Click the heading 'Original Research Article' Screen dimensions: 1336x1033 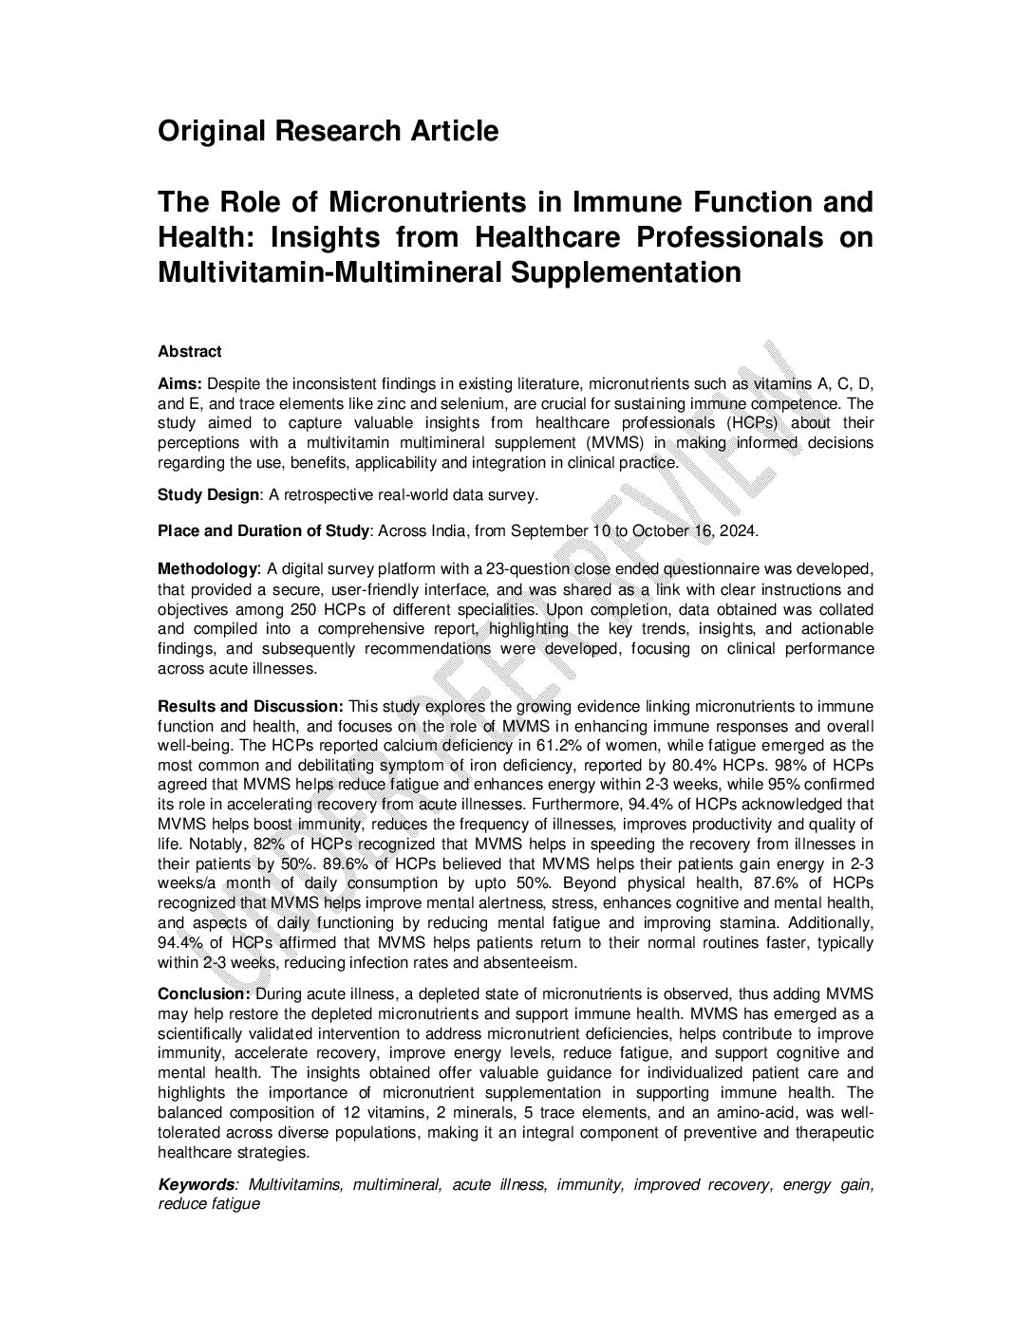pos(328,131)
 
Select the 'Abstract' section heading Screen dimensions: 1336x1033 pos(190,352)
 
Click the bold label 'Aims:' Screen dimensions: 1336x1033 pos(179,383)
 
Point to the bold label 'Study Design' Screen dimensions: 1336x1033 pos(208,494)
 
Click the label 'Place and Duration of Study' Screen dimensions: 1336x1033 pos(263,530)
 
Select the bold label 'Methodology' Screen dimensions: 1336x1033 pos(208,568)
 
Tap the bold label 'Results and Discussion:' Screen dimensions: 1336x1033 pos(251,707)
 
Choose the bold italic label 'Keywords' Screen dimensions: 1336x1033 pos(196,1184)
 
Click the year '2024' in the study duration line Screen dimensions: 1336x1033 pos(738,530)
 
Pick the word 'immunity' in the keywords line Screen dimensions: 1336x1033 pos(590,1184)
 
